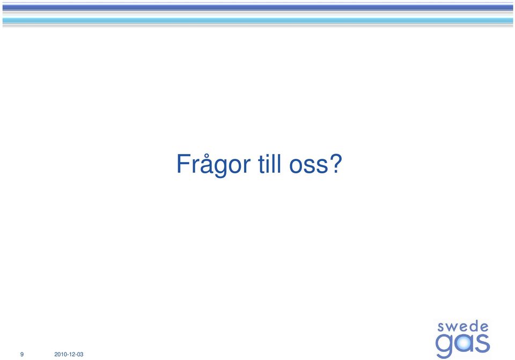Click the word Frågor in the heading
pyautogui.click(x=214, y=165)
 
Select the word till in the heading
pyautogui.click(x=270, y=163)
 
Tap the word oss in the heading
pyautogui.click(x=308, y=166)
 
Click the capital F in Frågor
pyautogui.click(x=183, y=164)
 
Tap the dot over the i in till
pyautogui.click(x=268, y=155)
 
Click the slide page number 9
pyautogui.click(x=22, y=354)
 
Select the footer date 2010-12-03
pyautogui.click(x=69, y=354)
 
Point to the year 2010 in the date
pyautogui.click(x=60, y=354)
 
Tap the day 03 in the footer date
pyautogui.click(x=80, y=354)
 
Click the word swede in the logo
pyautogui.click(x=463, y=327)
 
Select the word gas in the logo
pyautogui.click(x=462, y=345)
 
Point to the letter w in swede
pyautogui.click(x=452, y=327)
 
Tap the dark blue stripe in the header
pyautogui.click(x=257, y=7)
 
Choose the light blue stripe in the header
pyautogui.click(x=257, y=20)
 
